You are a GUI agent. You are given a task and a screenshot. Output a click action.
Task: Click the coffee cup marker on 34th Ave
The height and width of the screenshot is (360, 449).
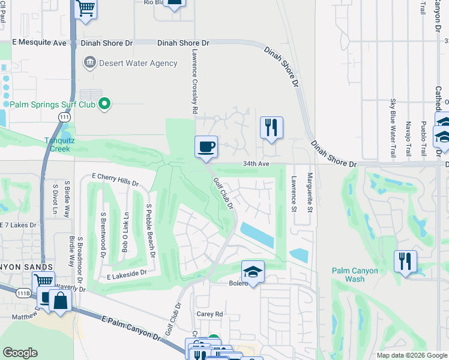point(206,146)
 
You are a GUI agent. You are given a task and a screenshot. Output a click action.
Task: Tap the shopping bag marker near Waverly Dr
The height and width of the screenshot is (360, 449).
point(60,299)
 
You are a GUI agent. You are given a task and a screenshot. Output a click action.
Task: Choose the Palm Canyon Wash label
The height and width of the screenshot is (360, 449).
point(355,275)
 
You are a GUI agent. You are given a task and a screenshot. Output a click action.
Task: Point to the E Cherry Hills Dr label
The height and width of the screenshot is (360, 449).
point(115,179)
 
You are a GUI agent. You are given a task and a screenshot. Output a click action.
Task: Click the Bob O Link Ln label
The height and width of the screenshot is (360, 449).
point(126,232)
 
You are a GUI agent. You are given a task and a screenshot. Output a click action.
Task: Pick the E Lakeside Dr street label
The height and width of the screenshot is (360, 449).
point(127,274)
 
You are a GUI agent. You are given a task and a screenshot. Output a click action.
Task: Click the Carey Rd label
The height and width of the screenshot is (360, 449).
point(209,314)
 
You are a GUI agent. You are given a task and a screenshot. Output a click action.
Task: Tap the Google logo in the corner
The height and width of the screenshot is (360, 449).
point(19,352)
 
